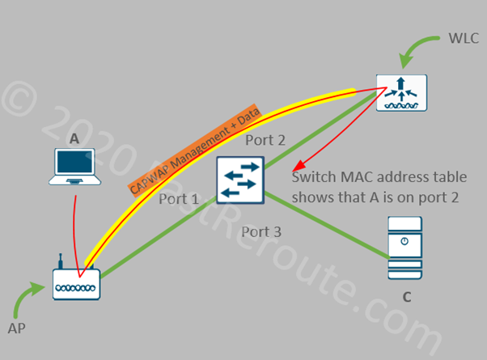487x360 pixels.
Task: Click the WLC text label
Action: tap(462, 38)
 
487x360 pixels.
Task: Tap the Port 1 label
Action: tap(179, 198)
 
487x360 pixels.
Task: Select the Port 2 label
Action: tap(265, 140)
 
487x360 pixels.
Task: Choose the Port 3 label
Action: tap(261, 232)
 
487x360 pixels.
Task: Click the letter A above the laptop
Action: tap(74, 138)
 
